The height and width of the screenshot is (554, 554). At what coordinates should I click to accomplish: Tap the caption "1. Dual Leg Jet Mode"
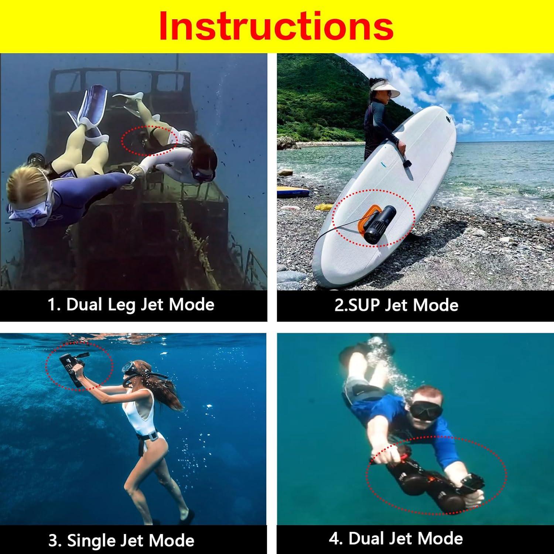click(x=131, y=305)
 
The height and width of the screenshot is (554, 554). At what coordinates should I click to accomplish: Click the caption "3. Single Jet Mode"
click(x=121, y=541)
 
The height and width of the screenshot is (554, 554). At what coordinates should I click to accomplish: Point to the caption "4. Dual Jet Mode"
click(x=396, y=538)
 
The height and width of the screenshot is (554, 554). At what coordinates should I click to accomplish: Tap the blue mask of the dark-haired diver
click(x=202, y=174)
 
